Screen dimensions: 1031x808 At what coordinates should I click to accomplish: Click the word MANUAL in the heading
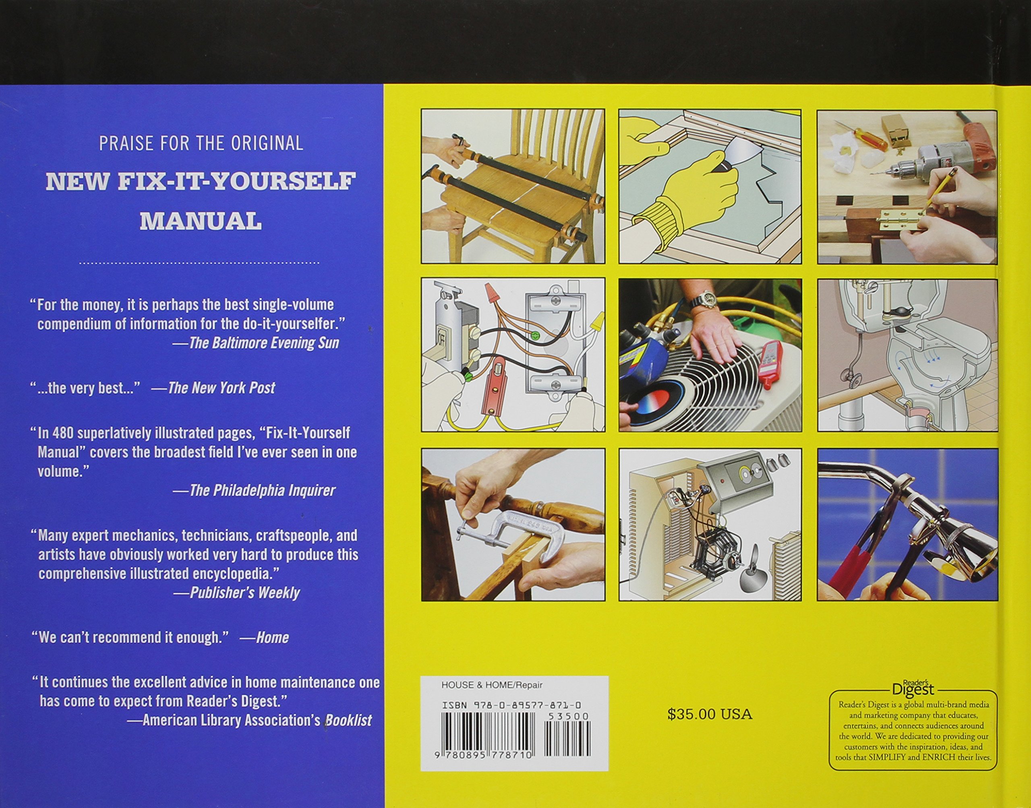click(201, 221)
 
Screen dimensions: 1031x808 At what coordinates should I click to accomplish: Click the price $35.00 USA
click(710, 714)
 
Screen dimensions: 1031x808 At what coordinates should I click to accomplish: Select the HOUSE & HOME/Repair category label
click(492, 685)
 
